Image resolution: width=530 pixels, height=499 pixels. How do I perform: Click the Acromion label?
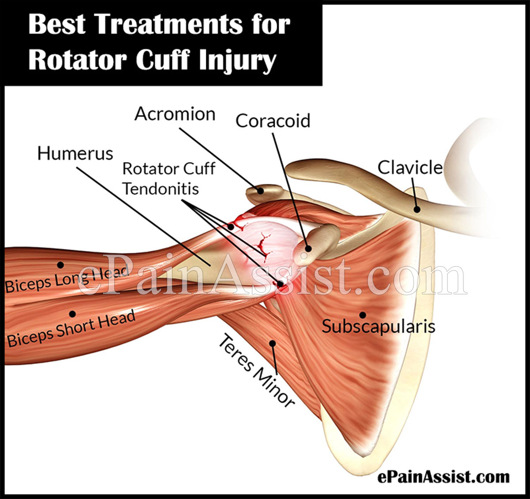point(175,114)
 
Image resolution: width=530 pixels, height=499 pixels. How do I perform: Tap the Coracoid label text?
point(273,121)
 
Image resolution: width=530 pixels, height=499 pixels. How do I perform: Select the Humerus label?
point(75,154)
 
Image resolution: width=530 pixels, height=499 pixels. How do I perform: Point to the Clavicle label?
point(410,168)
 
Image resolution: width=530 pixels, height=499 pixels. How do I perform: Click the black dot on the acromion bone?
point(260,191)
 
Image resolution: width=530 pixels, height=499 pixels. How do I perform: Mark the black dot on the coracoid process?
point(309,249)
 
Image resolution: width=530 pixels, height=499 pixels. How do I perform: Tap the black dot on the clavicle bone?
point(417,209)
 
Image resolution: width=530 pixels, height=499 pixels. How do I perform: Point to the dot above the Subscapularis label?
point(363,315)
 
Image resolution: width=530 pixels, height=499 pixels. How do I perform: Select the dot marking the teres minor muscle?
point(273,344)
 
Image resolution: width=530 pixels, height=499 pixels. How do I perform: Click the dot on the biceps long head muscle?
point(61,265)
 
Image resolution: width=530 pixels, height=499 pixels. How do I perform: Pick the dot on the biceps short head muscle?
point(72,314)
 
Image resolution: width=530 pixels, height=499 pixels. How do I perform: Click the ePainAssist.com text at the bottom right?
point(443,477)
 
